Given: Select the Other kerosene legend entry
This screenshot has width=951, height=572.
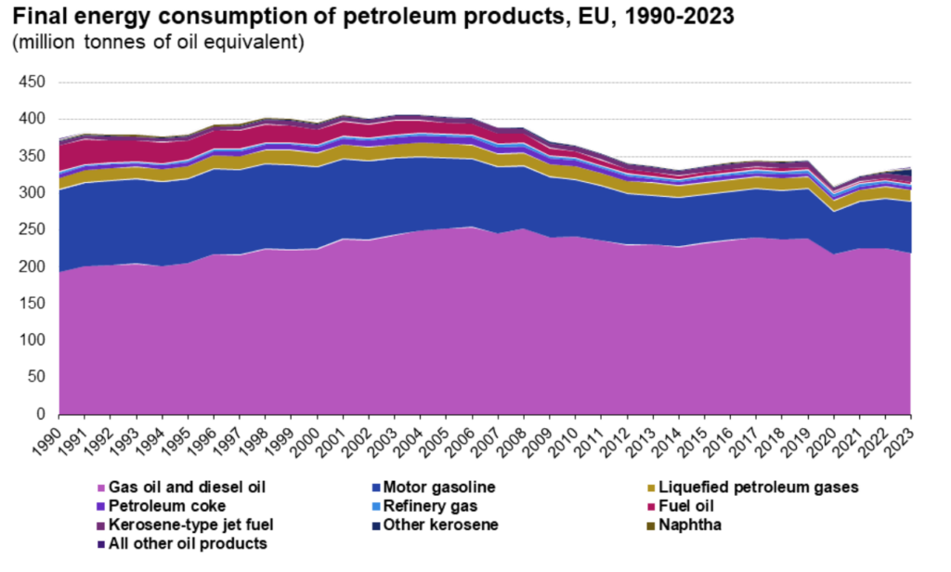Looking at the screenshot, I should [441, 525].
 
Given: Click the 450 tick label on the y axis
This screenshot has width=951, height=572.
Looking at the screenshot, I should [32, 83].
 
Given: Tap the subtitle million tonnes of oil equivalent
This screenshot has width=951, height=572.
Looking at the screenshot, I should [158, 43].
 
